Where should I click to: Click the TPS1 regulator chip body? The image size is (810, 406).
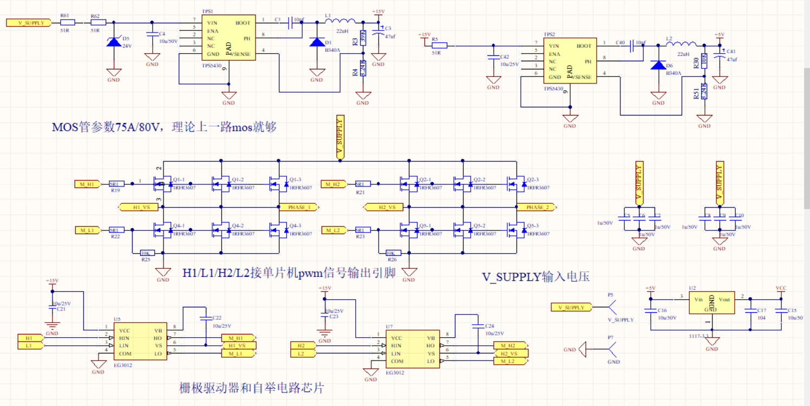(x=227, y=38)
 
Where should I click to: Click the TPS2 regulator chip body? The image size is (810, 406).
(x=569, y=61)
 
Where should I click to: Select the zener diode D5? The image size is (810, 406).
(x=114, y=42)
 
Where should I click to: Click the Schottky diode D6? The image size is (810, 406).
(x=658, y=66)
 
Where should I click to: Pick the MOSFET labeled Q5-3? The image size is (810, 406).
(x=516, y=230)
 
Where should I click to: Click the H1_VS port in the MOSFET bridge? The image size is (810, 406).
(x=138, y=207)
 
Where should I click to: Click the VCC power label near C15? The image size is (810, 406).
(x=781, y=289)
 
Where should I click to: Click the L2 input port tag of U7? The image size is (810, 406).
(x=301, y=353)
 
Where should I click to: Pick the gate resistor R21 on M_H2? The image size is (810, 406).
(x=362, y=184)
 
